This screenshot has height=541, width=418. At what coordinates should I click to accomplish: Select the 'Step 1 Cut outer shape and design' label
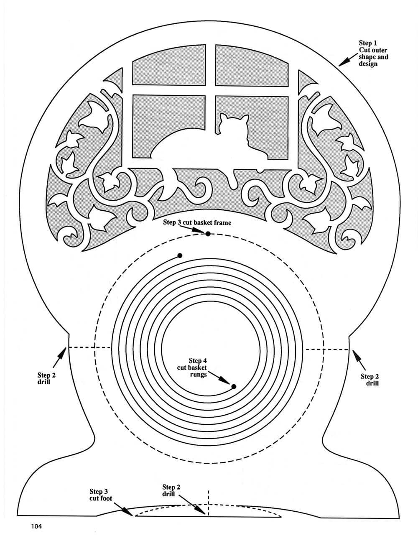pos(373,54)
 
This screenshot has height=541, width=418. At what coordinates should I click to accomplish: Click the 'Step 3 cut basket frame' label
pos(197,223)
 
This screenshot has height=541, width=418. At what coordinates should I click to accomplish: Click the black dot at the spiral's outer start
pos(180,255)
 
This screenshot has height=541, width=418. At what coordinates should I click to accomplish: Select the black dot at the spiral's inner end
pos(234,386)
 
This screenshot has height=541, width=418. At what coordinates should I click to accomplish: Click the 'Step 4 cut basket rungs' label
pos(198,367)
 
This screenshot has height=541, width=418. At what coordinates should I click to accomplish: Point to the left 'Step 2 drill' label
pos(46,378)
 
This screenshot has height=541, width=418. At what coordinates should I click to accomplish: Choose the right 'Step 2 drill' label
pos(370,380)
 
